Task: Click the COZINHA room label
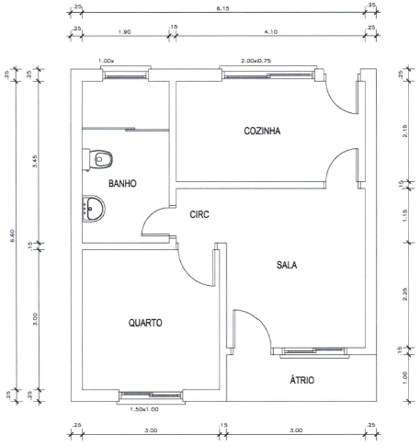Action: (262, 131)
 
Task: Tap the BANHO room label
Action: (122, 184)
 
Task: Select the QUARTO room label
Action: (145, 323)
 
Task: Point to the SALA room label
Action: (287, 265)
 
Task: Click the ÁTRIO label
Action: (302, 380)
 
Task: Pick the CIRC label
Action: (199, 214)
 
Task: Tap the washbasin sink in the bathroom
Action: (94, 209)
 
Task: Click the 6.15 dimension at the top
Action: (222, 8)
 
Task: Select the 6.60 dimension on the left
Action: (12, 235)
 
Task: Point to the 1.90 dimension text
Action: (125, 32)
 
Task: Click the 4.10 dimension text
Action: (271, 32)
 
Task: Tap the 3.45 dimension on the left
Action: (35, 161)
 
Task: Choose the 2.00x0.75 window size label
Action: (256, 61)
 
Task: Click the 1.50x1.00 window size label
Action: (144, 409)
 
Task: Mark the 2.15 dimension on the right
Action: (405, 131)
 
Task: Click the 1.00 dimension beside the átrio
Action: (404, 378)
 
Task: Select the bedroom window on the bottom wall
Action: (151, 396)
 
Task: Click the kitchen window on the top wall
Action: (268, 74)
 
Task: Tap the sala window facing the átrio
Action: (314, 351)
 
